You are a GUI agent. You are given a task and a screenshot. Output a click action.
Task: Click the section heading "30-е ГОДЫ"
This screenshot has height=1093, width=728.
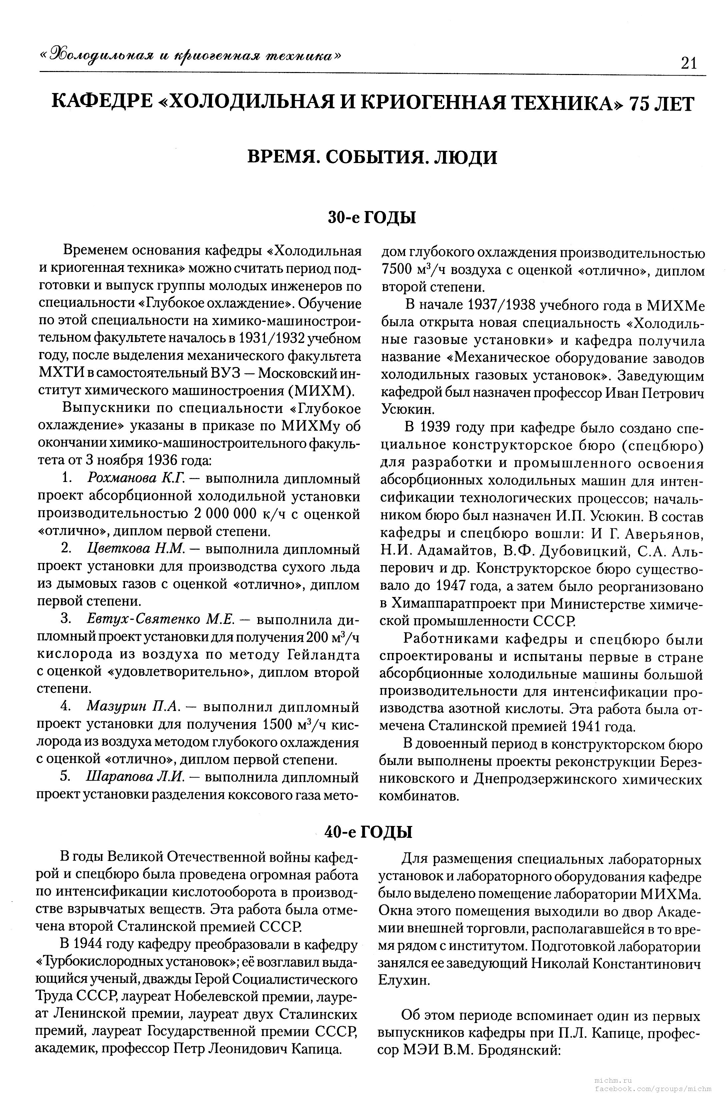(371, 217)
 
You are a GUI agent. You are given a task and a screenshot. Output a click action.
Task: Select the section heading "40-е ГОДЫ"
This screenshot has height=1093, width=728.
(368, 832)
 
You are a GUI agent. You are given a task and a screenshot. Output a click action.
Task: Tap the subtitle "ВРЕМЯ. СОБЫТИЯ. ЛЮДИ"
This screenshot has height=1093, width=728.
(372, 157)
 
